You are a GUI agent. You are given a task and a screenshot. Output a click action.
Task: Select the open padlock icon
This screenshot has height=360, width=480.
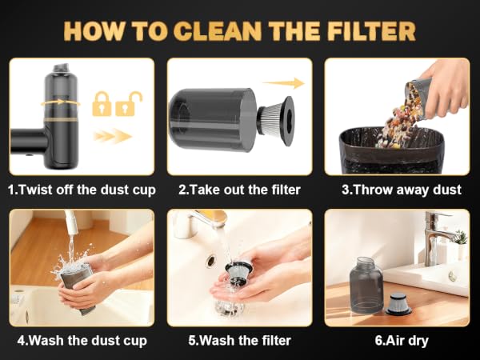click(x=128, y=103)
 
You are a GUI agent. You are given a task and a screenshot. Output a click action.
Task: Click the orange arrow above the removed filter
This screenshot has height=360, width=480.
click(x=284, y=83)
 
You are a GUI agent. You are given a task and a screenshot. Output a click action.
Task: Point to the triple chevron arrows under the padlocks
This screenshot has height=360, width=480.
click(x=113, y=136)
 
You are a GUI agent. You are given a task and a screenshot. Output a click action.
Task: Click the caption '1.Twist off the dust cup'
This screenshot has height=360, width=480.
click(x=82, y=190)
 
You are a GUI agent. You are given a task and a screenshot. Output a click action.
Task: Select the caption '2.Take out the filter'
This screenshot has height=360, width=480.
click(x=239, y=190)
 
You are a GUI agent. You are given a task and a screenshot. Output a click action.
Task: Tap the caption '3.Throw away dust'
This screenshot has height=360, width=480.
click(x=402, y=190)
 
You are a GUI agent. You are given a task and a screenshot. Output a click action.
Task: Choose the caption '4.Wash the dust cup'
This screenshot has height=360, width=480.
click(x=82, y=341)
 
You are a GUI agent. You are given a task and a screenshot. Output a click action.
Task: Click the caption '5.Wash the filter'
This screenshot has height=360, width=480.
click(x=239, y=341)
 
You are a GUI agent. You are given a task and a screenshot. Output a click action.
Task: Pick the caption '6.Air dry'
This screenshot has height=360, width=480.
click(x=402, y=341)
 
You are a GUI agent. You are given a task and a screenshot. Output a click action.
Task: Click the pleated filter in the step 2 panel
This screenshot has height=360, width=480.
click(x=275, y=120)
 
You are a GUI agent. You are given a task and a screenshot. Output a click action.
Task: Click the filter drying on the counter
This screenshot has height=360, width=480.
click(x=398, y=304)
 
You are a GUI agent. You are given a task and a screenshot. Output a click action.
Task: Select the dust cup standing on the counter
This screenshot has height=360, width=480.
click(x=366, y=285)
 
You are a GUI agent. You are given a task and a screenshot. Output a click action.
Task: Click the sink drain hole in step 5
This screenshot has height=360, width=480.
click(x=211, y=261)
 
